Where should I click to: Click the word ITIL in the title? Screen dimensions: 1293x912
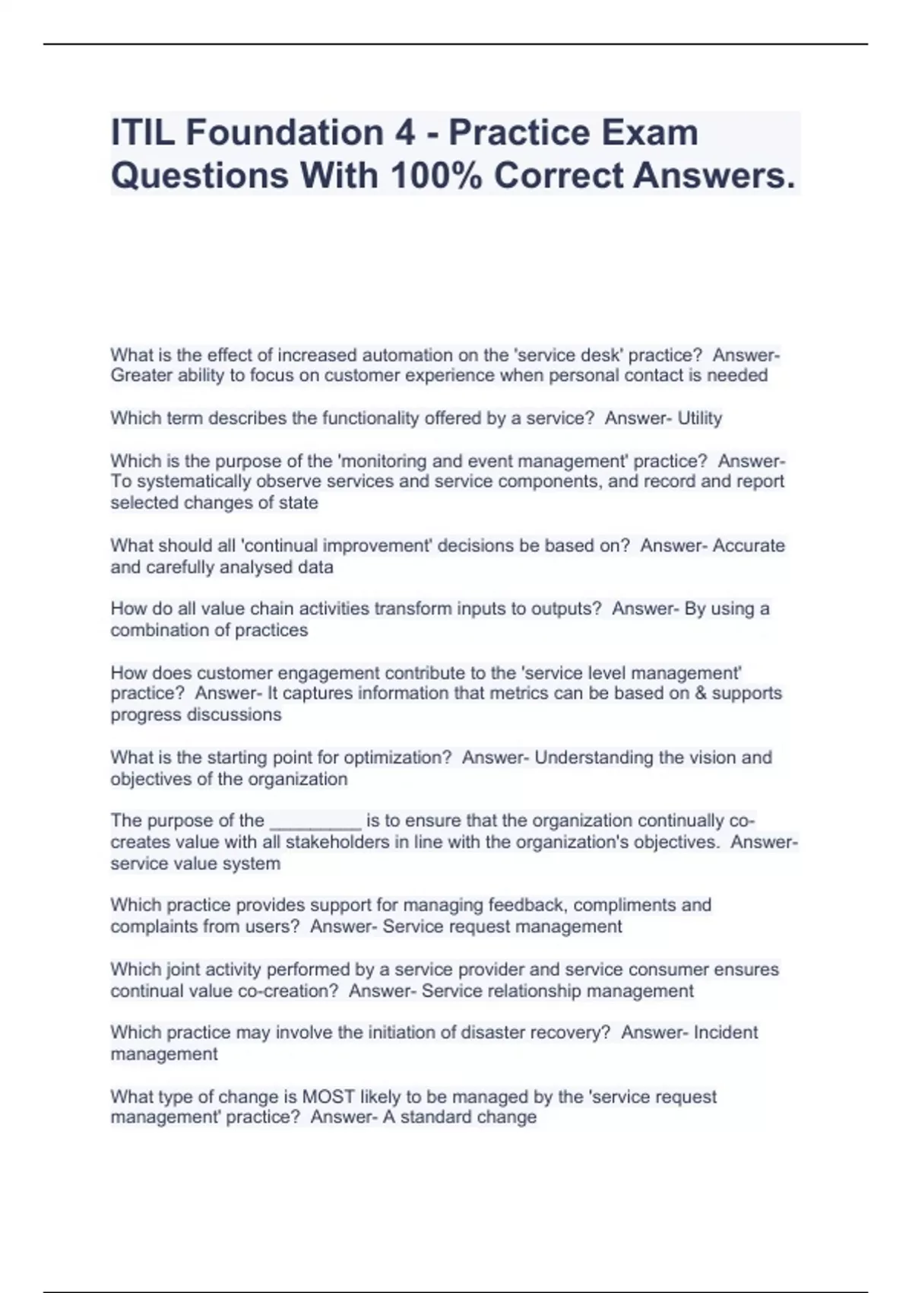coord(142,133)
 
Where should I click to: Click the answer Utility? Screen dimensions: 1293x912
coord(699,418)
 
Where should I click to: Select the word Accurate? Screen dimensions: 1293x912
coord(749,545)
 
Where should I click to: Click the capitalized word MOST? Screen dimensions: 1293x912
coord(328,1097)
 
